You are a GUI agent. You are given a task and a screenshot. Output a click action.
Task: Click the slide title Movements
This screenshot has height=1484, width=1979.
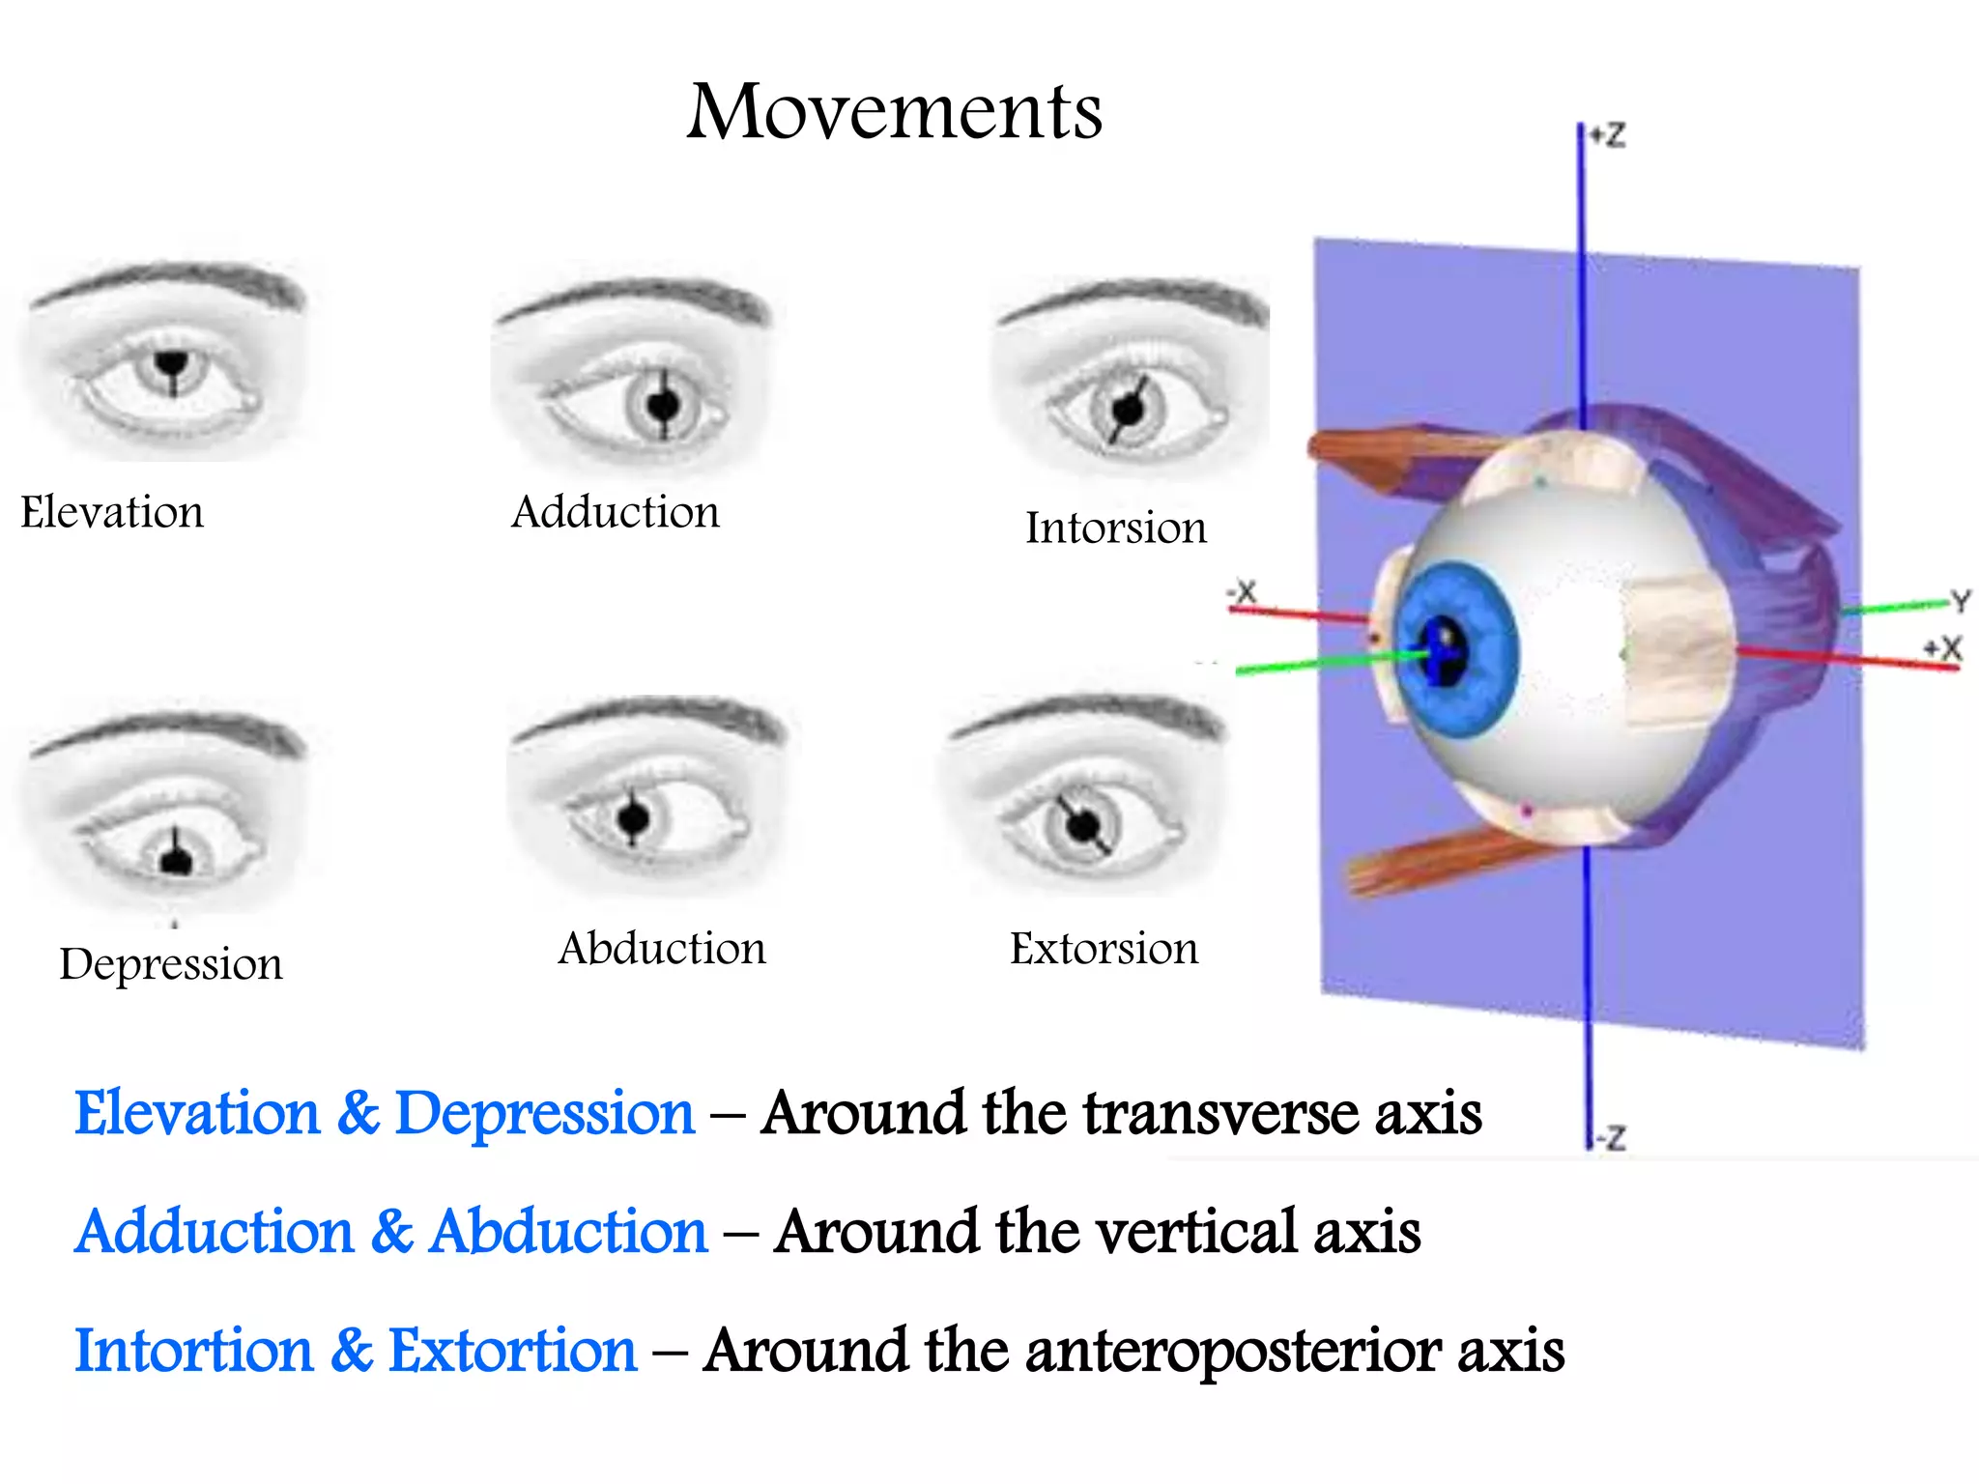pyautogui.click(x=894, y=112)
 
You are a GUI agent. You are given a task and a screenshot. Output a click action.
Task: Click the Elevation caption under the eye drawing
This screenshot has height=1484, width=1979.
pyautogui.click(x=112, y=512)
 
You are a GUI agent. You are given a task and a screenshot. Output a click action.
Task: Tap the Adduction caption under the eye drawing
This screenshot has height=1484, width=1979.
pyautogui.click(x=616, y=512)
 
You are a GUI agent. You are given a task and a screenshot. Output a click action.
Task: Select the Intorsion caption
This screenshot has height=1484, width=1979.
pyautogui.click(x=1116, y=528)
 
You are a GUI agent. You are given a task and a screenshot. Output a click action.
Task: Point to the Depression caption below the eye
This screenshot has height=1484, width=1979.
pyautogui.click(x=171, y=964)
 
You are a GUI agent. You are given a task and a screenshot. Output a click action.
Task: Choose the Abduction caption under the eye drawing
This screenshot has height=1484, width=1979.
pyautogui.click(x=662, y=949)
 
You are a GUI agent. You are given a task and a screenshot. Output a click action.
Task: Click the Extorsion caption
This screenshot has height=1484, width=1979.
pyautogui.click(x=1104, y=949)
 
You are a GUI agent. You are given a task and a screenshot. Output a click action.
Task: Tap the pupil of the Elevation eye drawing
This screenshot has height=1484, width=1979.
pyautogui.click(x=172, y=364)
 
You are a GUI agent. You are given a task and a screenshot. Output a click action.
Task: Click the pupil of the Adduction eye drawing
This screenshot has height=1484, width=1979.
pyautogui.click(x=663, y=405)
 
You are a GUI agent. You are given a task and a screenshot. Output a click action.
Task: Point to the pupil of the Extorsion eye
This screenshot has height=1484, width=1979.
pyautogui.click(x=1083, y=826)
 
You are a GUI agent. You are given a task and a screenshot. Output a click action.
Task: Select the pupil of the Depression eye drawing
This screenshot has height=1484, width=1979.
pyautogui.click(x=176, y=859)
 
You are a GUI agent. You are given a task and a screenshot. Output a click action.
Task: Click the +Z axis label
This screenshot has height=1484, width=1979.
pyautogui.click(x=1609, y=135)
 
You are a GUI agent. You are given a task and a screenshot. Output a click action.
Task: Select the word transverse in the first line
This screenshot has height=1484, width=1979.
pyautogui.click(x=1219, y=1114)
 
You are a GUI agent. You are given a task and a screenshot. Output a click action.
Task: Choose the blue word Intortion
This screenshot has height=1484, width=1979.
pyautogui.click(x=194, y=1351)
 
